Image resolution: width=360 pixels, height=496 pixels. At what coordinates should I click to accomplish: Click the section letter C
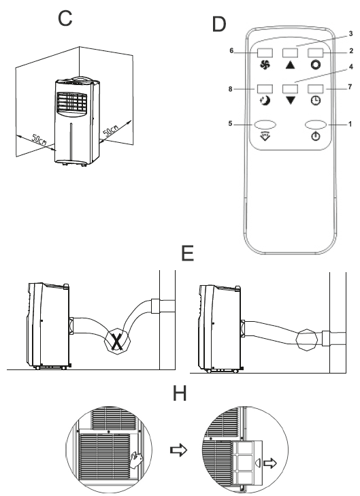coord(65,18)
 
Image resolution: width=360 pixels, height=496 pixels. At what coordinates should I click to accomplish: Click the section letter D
coord(219,24)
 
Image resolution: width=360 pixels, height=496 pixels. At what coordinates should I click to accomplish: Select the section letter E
coord(188,253)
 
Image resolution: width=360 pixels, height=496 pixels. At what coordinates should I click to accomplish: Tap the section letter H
coord(180,393)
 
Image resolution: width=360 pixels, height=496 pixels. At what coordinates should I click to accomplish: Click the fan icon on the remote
coord(265,65)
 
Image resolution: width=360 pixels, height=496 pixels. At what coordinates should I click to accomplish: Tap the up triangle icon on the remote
coord(290,65)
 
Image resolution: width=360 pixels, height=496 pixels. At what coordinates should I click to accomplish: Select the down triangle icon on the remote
coord(290,101)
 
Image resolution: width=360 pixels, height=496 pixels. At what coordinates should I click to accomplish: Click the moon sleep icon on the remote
coord(265,101)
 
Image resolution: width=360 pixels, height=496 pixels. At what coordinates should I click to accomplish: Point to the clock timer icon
coord(315,101)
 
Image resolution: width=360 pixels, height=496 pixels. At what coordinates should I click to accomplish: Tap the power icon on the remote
coord(316,136)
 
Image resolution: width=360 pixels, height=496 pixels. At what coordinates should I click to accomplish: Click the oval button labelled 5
coord(265,125)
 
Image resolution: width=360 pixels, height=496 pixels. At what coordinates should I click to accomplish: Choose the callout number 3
coord(350,33)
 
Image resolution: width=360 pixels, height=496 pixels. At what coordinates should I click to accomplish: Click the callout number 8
coord(230,89)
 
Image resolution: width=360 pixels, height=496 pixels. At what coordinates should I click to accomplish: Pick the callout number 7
coord(350,86)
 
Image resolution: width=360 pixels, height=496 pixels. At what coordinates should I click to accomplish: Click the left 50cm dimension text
coord(39,139)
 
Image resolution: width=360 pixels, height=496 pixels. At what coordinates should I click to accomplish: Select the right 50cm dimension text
coord(111,131)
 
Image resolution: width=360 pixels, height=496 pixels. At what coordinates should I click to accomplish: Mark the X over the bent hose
coord(117,341)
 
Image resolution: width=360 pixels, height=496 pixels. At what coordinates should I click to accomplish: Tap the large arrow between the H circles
coord(179,450)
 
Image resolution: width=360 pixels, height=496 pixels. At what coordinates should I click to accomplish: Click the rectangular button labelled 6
coord(265,53)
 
